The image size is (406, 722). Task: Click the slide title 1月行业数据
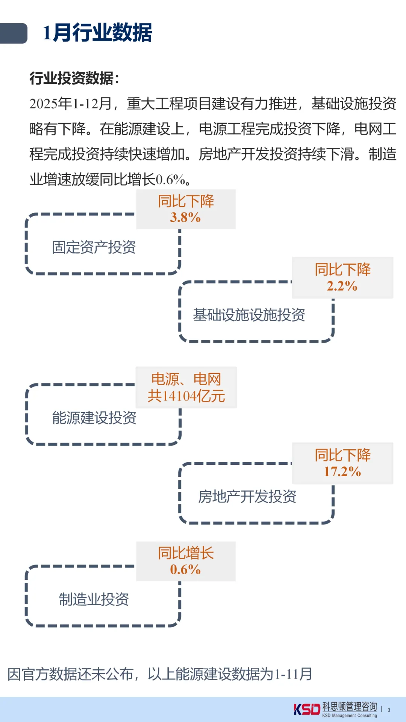(97, 33)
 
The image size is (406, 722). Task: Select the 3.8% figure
(185, 217)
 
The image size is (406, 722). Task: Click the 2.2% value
(342, 286)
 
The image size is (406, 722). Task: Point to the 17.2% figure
(342, 472)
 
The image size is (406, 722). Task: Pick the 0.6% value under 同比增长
(185, 570)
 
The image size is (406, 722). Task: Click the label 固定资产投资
(94, 247)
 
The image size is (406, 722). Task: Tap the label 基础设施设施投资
(249, 315)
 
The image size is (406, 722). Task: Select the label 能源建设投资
(94, 418)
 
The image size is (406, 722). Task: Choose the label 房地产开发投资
(247, 497)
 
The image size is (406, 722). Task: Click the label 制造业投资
(94, 599)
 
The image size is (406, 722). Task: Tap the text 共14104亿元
(186, 396)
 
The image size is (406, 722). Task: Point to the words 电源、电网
(186, 379)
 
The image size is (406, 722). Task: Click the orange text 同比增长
(186, 553)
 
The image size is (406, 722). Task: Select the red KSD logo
(306, 709)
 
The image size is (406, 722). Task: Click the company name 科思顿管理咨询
(350, 707)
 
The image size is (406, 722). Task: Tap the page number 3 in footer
(389, 710)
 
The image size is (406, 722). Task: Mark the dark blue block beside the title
(14, 33)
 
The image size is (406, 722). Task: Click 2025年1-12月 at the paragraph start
(71, 104)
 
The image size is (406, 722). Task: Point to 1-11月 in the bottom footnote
(294, 674)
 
